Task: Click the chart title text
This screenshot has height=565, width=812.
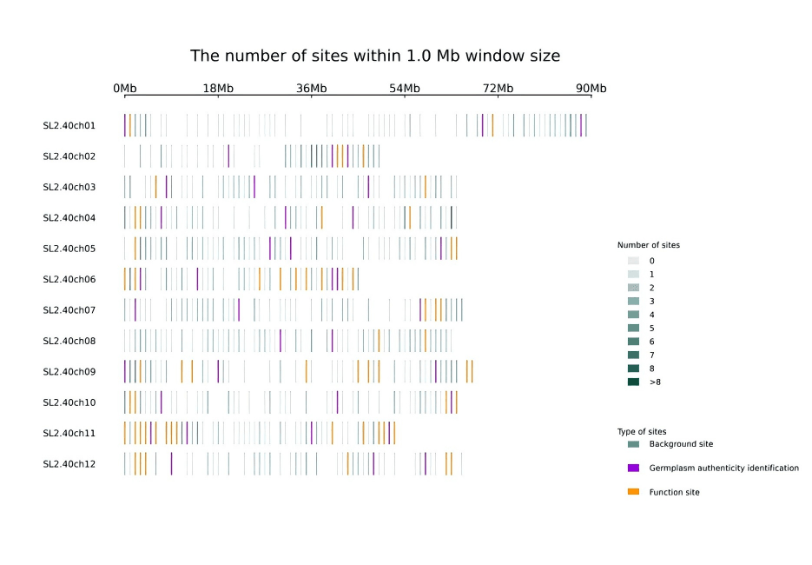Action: (x=375, y=56)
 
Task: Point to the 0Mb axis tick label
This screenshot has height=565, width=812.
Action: (x=125, y=89)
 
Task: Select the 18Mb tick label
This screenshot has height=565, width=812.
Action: (x=218, y=89)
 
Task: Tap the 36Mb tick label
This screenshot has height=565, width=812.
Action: (x=312, y=89)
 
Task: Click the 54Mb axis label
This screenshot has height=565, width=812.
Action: (x=405, y=89)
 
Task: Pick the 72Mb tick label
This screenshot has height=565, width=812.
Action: (x=498, y=89)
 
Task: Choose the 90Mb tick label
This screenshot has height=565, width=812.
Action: (x=591, y=89)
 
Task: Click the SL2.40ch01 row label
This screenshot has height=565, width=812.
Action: (x=69, y=125)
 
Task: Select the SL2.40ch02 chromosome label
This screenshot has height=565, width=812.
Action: (x=69, y=156)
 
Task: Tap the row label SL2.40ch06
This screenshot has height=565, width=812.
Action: (x=69, y=279)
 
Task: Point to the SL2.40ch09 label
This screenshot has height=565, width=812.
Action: (x=69, y=372)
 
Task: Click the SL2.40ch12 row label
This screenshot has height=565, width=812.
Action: (x=69, y=464)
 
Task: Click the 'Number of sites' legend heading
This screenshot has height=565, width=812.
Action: (x=649, y=245)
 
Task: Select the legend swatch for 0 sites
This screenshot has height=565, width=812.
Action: (x=633, y=261)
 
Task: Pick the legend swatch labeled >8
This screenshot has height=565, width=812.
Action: (x=633, y=382)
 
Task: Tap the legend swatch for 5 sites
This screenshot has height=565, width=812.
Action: (x=633, y=329)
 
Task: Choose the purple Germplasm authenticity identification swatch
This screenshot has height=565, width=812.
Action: (x=633, y=468)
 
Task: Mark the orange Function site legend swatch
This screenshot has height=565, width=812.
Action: (x=633, y=492)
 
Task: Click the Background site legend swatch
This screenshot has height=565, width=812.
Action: (x=633, y=444)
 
